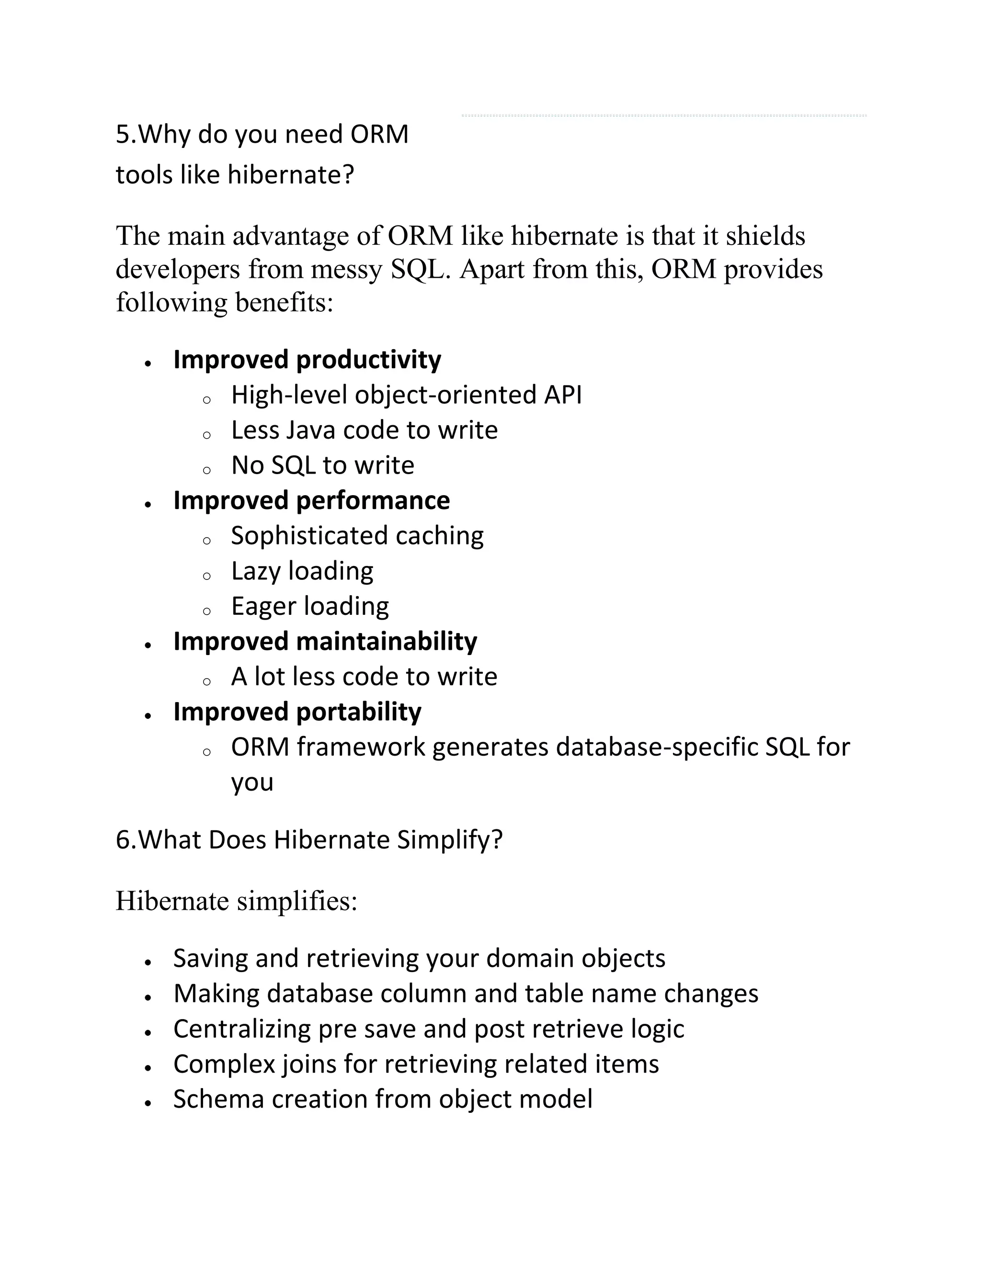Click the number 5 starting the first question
(122, 135)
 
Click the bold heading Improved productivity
(307, 360)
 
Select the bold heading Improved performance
(311, 501)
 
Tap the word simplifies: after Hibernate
(297, 901)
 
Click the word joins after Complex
(308, 1065)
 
